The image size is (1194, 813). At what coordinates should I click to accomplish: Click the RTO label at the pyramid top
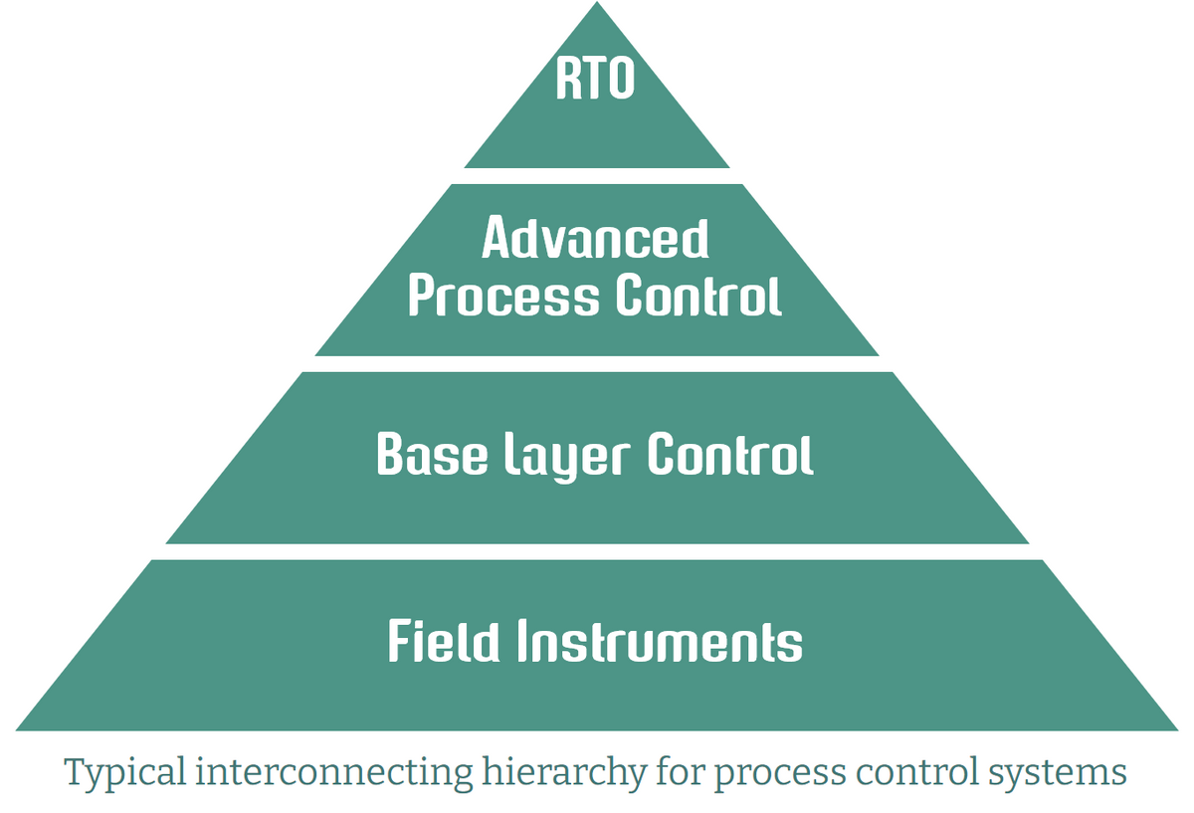595,80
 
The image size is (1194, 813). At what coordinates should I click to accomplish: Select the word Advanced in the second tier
595,239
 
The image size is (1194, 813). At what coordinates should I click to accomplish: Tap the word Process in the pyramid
504,298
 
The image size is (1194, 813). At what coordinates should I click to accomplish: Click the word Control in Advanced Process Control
697,296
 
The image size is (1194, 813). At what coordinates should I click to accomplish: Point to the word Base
433,455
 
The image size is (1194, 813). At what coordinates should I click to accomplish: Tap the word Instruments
659,643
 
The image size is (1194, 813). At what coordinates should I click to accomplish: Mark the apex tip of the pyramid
597,5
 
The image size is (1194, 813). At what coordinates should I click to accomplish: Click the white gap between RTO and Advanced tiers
597,176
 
